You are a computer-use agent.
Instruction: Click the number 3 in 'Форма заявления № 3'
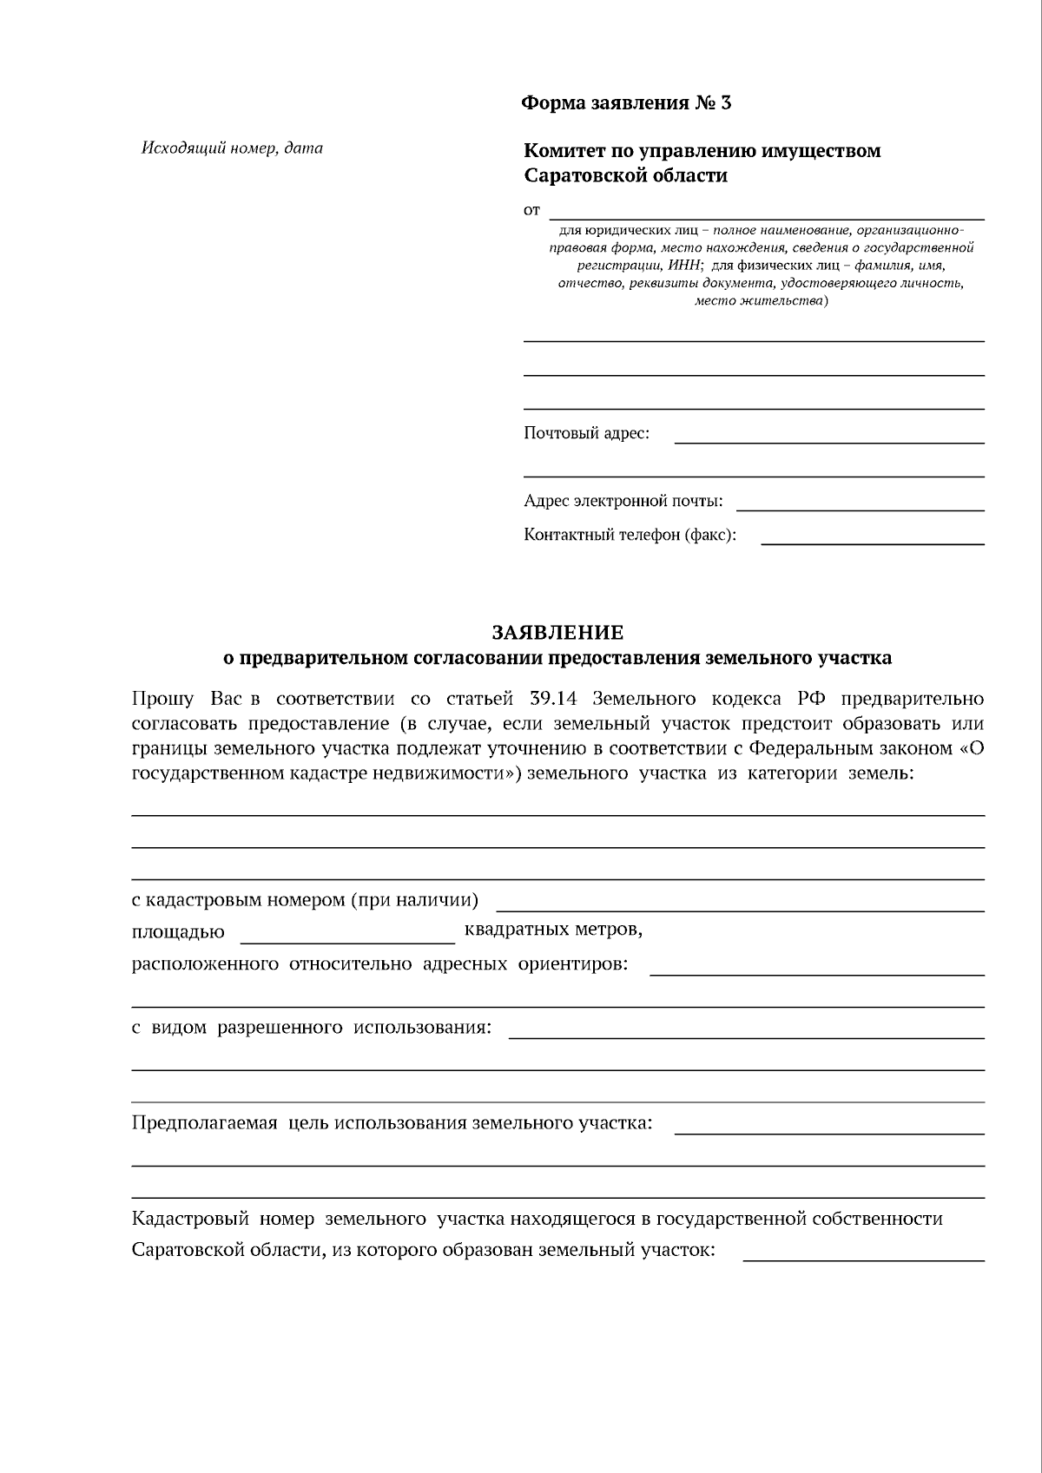coord(725,103)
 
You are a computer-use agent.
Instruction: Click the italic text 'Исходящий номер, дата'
coord(232,148)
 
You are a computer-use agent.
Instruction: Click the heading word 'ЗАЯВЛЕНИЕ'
coord(557,633)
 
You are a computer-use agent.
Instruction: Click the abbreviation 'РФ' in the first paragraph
coord(811,700)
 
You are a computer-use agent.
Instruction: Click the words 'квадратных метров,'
coord(553,930)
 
